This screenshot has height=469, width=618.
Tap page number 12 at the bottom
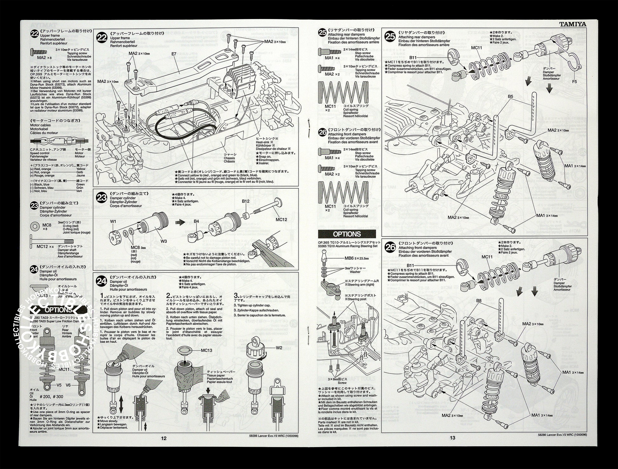(x=164, y=438)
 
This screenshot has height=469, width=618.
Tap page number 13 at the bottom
(x=453, y=438)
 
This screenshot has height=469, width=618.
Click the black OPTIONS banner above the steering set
(x=347, y=234)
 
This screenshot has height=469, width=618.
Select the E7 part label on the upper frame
(x=174, y=54)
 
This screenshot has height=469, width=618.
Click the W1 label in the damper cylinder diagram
(x=113, y=221)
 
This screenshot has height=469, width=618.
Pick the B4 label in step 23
(x=196, y=221)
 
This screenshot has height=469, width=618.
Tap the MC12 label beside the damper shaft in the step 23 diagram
(x=281, y=219)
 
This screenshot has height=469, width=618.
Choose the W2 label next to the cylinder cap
(x=279, y=348)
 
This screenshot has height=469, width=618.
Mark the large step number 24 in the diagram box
(x=102, y=281)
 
